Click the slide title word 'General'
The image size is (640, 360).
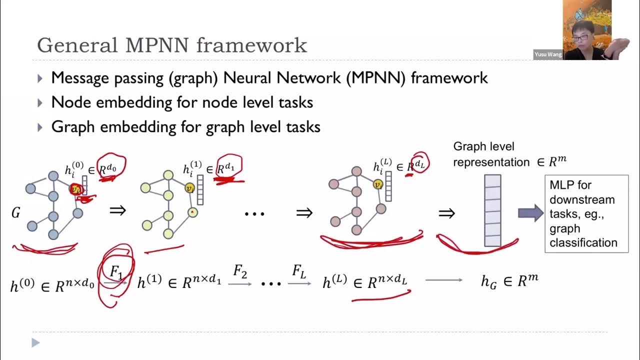75,45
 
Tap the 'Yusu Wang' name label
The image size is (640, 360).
548,54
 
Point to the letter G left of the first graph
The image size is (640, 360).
16,213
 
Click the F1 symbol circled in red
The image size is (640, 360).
116,273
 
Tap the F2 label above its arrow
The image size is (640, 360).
240,272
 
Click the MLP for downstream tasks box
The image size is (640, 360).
586,213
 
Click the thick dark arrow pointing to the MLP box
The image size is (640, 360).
530,213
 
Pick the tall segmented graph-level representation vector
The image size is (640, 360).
492,210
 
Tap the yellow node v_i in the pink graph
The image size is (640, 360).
378,184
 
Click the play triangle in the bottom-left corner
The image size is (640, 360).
35,342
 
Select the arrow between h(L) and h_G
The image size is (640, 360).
444,280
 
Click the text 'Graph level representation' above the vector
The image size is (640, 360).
484,154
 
